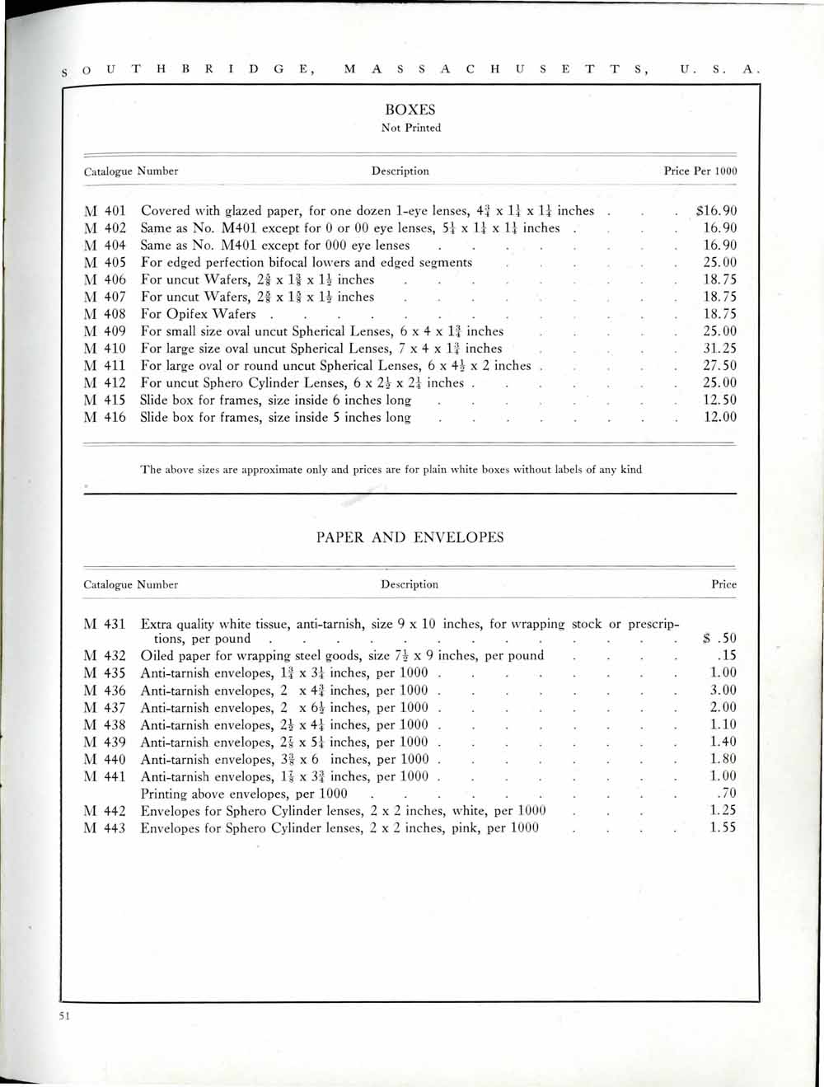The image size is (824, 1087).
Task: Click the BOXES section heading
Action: click(410, 110)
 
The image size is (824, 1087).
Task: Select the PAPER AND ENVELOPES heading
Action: click(410, 537)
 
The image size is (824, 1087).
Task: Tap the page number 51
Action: click(64, 1016)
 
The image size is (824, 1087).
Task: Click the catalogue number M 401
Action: click(105, 211)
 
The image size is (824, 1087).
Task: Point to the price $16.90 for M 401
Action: click(716, 211)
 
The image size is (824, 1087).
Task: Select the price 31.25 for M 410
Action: click(719, 349)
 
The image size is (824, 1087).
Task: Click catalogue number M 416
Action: click(105, 417)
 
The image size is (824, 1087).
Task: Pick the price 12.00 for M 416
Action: click(719, 417)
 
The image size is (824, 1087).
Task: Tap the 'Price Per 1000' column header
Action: click(700, 171)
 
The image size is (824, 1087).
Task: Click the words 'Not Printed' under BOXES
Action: click(410, 128)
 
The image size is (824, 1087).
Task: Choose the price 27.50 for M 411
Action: click(719, 366)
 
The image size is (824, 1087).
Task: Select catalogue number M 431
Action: click(105, 625)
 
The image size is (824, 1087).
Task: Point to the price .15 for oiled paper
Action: click(726, 656)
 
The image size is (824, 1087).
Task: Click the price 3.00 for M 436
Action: click(723, 691)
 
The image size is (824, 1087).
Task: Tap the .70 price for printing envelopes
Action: click(726, 794)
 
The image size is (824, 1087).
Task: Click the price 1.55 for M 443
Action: click(723, 827)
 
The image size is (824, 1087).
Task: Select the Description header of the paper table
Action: click(410, 584)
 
